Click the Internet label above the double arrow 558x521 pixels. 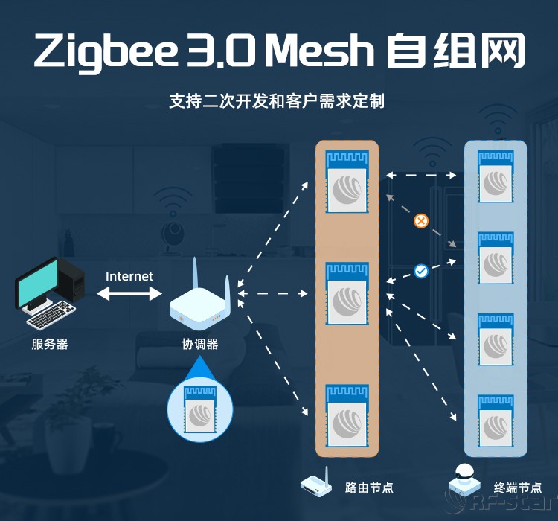click(129, 276)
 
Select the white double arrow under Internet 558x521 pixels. click(129, 294)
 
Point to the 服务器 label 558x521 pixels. click(50, 344)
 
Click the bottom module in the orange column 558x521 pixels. click(347, 415)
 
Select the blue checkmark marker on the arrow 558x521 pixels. click(421, 272)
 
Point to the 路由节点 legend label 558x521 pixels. click(369, 488)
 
